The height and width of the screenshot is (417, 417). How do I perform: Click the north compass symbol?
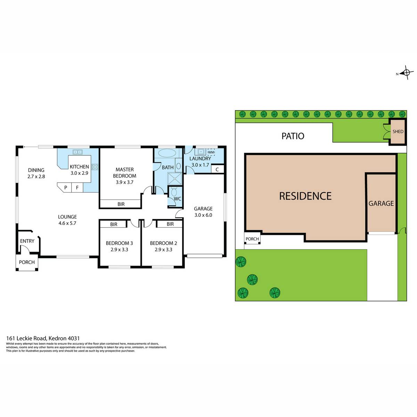(x=406, y=73)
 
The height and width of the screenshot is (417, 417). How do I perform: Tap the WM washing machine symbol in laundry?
(x=211, y=152)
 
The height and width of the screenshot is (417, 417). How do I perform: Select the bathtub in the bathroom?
(x=167, y=153)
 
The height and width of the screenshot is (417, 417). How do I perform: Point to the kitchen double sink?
(x=77, y=152)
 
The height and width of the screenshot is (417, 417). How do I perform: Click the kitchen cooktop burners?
(x=95, y=167)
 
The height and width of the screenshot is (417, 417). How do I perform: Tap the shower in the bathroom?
(x=175, y=179)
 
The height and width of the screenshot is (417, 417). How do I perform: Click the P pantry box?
(x=66, y=187)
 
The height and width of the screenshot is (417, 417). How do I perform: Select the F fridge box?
(x=77, y=187)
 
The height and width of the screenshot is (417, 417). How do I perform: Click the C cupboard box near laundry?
(x=217, y=169)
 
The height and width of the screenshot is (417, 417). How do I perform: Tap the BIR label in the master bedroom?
(x=121, y=204)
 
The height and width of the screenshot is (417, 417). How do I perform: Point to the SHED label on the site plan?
(x=398, y=131)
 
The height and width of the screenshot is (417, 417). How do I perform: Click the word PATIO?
(x=293, y=136)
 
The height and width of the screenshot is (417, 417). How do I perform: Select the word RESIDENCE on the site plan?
(x=305, y=196)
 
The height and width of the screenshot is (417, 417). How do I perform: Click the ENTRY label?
(x=27, y=241)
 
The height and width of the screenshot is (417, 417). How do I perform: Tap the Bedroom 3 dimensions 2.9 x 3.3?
(x=119, y=250)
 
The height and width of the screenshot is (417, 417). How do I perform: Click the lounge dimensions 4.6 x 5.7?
(x=67, y=223)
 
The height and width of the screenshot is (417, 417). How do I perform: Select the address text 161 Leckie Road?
(x=26, y=338)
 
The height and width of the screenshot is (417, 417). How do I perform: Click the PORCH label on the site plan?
(x=252, y=239)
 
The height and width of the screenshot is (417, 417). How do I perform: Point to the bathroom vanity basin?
(x=179, y=166)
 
